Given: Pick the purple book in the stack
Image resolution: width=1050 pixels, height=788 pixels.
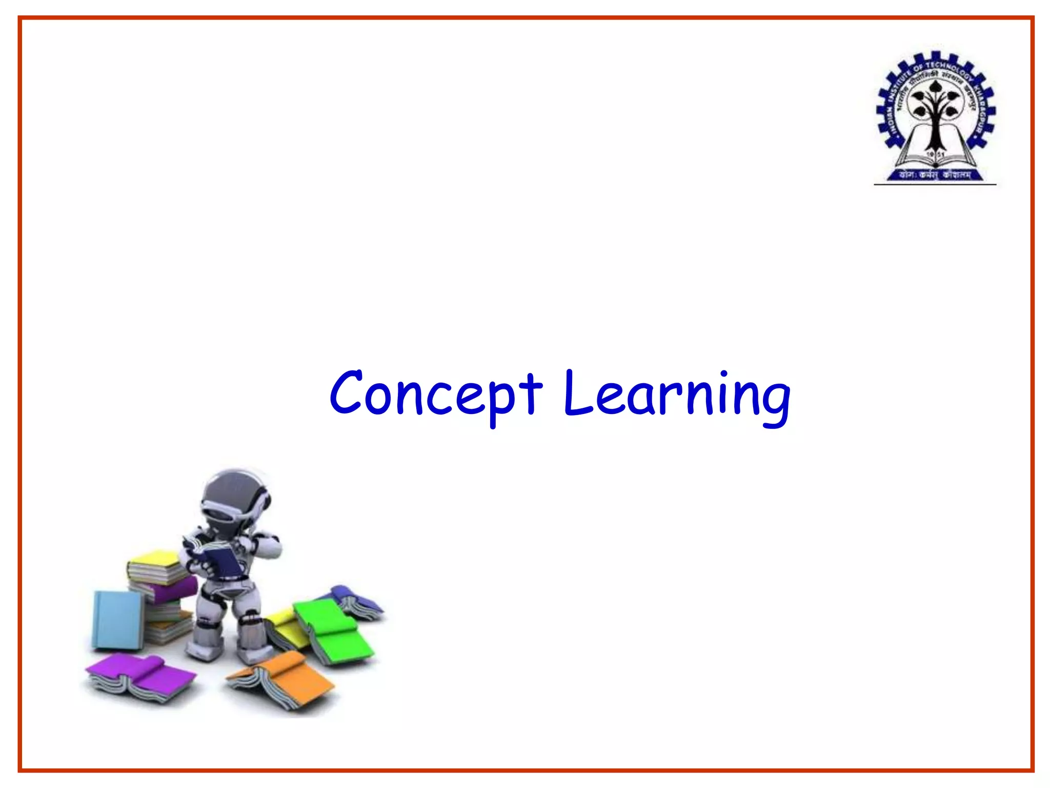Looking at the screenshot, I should click(169, 590).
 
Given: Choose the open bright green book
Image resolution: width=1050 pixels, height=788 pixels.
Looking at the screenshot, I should click(333, 631).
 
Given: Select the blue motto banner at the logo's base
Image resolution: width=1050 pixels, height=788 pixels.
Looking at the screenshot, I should click(935, 175).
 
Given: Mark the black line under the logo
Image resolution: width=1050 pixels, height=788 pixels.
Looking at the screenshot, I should click(935, 184).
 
